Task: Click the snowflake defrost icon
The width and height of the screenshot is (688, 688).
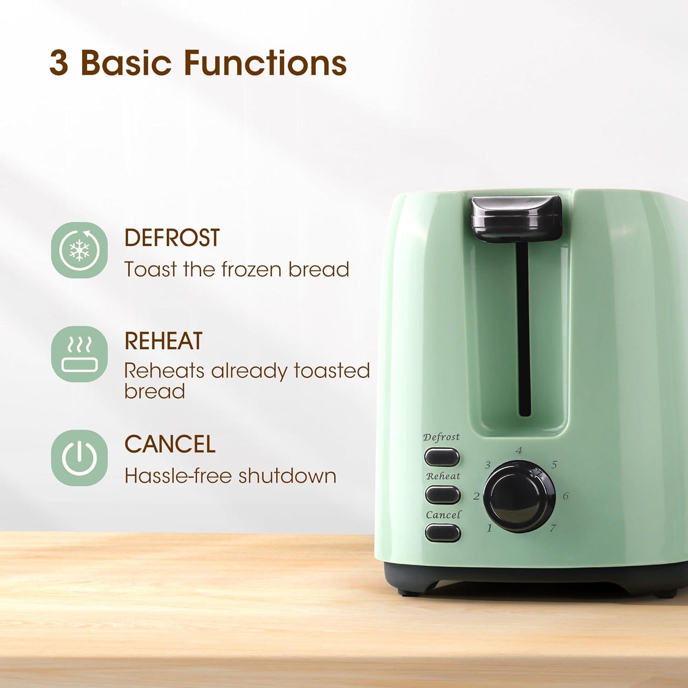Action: click(x=79, y=250)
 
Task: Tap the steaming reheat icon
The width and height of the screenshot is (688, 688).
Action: click(x=79, y=354)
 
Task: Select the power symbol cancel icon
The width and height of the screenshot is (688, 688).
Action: click(x=79, y=458)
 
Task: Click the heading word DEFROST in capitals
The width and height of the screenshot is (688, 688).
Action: click(x=172, y=238)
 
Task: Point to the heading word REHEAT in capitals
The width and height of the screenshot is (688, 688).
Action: click(x=163, y=341)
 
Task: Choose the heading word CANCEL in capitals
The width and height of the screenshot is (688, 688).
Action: click(x=170, y=444)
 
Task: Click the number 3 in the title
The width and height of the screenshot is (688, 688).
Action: click(x=59, y=63)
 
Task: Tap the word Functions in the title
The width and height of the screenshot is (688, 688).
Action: click(x=265, y=63)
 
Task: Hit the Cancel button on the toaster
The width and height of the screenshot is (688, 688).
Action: click(x=443, y=533)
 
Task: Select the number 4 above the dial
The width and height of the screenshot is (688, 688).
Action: click(x=519, y=450)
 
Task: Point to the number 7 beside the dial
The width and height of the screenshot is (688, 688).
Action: click(x=553, y=528)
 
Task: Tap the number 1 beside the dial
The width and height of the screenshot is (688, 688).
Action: click(x=489, y=528)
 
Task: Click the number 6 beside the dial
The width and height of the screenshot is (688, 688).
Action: click(x=566, y=496)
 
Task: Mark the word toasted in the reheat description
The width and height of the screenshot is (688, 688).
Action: click(x=332, y=371)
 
